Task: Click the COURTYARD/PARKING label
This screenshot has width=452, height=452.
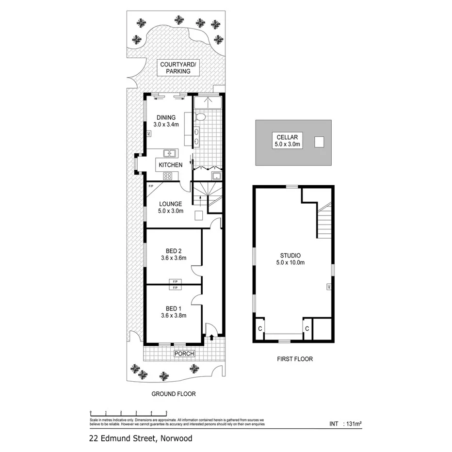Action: (174, 68)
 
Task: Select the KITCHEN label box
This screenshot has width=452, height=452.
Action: (170, 165)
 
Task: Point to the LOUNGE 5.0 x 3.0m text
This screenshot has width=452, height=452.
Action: (170, 208)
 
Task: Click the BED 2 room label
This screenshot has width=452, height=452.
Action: (173, 254)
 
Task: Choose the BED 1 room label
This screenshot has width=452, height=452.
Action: (173, 312)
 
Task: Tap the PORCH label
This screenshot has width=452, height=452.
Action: (185, 354)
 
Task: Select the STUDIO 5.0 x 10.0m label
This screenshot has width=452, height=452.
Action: (291, 259)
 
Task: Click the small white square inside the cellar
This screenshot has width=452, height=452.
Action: (319, 142)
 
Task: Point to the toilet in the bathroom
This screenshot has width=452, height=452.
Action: (201, 116)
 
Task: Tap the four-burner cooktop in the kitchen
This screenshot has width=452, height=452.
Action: (168, 176)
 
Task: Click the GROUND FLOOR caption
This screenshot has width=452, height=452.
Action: (173, 394)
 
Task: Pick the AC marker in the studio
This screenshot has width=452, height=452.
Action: (328, 287)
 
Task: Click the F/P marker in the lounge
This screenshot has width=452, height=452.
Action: (150, 186)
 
